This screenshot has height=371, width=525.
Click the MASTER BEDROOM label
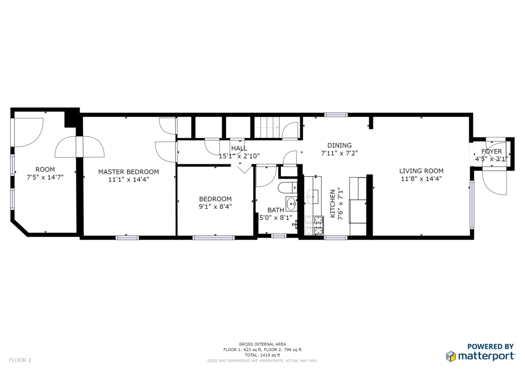coord(129,172)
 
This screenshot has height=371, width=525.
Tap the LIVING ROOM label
coord(421,171)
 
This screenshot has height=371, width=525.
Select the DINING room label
coord(339,145)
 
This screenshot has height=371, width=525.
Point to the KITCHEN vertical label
coord(333,203)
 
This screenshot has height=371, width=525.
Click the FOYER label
coord(492,152)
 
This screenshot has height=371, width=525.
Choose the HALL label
coord(239,148)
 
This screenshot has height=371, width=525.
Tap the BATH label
coord(275,210)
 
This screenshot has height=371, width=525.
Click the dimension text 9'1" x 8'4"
coord(215,207)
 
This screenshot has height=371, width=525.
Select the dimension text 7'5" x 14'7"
coord(45,177)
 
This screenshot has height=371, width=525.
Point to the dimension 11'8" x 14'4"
coord(421,179)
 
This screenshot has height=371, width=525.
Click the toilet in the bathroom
coord(288,188)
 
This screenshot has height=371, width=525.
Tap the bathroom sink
coord(291,204)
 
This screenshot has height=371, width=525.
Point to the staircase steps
coord(267,127)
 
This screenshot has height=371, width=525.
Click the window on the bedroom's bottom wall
coord(214,238)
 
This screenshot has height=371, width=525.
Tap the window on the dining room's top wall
coord(336,115)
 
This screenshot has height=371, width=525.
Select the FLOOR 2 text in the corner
coord(20,360)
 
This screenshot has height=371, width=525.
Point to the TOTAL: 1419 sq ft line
coord(262,355)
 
